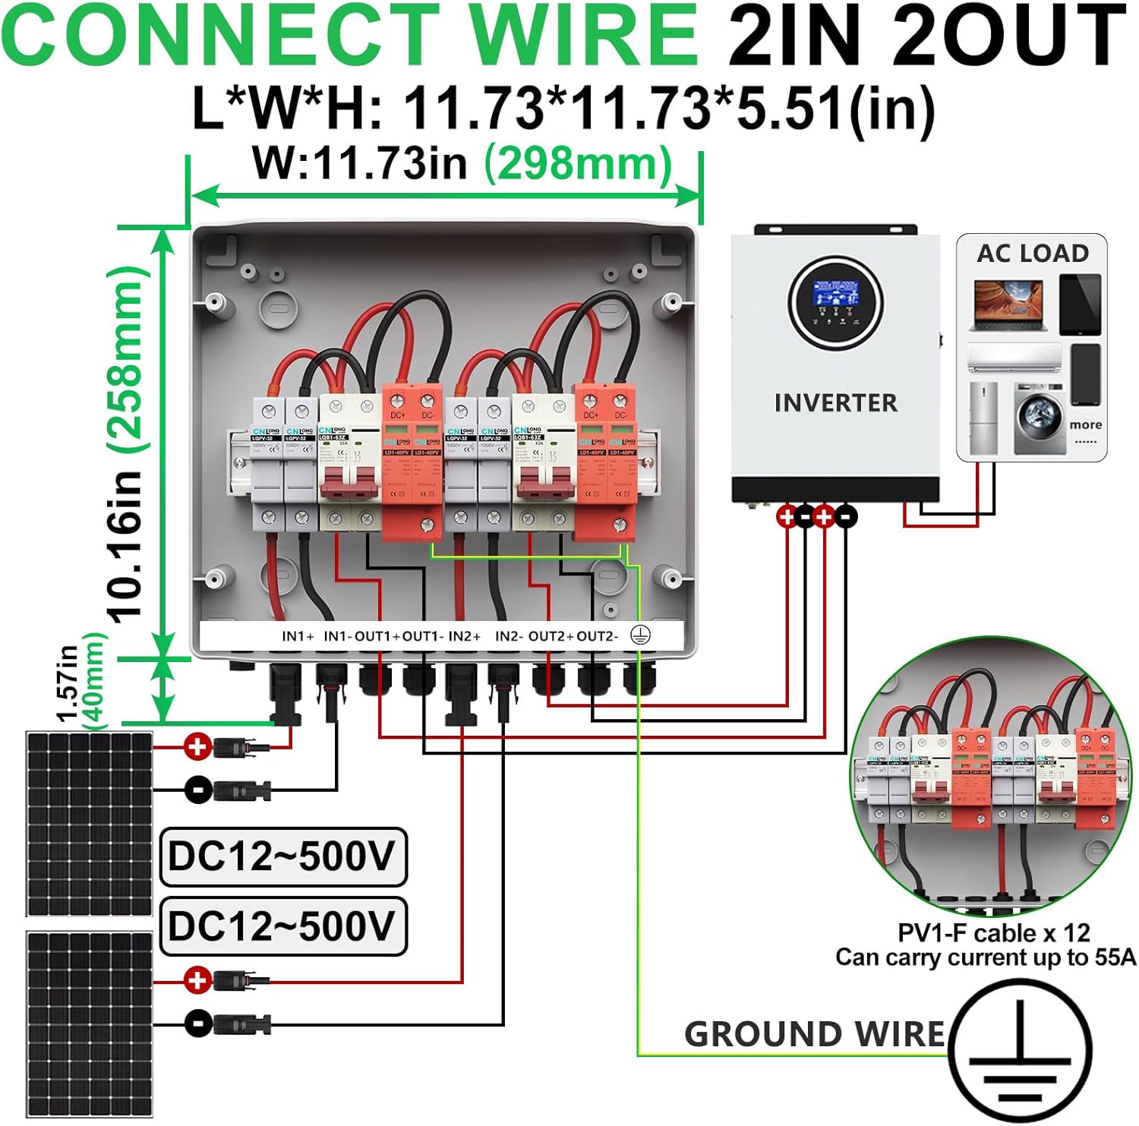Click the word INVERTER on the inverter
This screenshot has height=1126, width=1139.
point(835,402)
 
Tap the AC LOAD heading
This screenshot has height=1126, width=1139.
point(1033,253)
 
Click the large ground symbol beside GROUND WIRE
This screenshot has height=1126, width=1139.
point(1021,1052)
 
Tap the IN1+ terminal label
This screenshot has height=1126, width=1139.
point(298,636)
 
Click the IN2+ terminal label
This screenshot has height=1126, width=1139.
point(465,636)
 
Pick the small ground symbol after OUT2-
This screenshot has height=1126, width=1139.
point(641,636)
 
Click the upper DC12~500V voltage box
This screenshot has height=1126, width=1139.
point(282,857)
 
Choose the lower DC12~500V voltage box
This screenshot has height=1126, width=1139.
point(282,926)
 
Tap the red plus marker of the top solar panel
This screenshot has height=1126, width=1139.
point(197,747)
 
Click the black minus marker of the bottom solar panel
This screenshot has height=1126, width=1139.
point(197,1023)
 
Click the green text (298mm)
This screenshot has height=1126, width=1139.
point(579,164)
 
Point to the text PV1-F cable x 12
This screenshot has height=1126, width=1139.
point(993,932)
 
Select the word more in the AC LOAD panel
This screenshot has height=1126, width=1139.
point(1085,424)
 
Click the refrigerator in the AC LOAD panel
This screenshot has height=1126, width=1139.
point(984,418)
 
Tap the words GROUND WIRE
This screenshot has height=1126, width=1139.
point(814,1034)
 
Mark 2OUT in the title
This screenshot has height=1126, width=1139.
point(1010,36)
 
